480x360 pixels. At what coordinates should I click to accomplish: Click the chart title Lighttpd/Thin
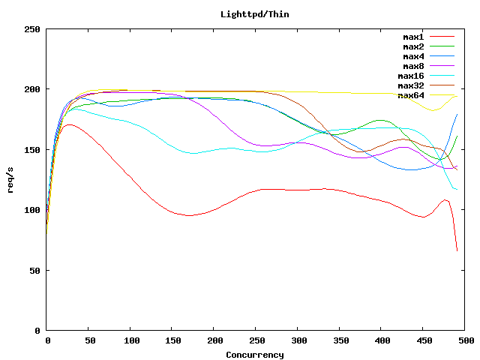tap(254, 14)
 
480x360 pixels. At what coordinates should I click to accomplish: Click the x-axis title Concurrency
tap(254, 355)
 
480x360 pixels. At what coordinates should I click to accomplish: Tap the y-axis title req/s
tap(12, 179)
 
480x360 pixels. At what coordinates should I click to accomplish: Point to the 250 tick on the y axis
tap(32, 29)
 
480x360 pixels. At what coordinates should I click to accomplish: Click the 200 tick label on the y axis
tap(32, 89)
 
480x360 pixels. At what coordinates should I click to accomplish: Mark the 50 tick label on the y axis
tap(34, 270)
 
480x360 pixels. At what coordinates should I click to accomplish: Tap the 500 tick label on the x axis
tap(466, 340)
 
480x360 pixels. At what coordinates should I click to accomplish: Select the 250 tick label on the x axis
tap(256, 340)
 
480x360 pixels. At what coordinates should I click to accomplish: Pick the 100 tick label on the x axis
tap(130, 340)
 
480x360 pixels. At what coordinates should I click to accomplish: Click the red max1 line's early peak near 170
tap(68, 124)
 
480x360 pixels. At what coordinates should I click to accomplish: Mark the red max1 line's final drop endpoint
tap(457, 250)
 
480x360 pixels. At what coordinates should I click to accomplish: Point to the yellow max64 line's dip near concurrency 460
tap(433, 110)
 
